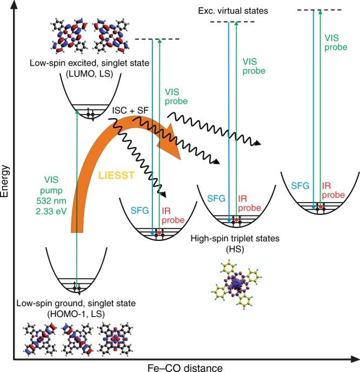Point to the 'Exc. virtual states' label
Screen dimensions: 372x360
pos(241,10)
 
